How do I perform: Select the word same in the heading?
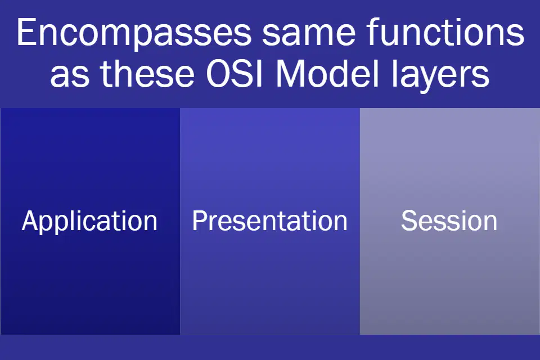tap(309, 33)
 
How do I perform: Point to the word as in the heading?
tap(70, 75)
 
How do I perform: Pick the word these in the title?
tap(147, 73)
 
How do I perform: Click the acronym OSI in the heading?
tap(235, 73)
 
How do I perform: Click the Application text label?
tap(89, 222)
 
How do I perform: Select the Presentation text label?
tap(269, 220)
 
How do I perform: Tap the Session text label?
tap(449, 220)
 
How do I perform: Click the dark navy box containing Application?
tap(90, 221)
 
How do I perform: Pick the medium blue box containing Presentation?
tap(270, 221)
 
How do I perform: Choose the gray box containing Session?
tap(450, 221)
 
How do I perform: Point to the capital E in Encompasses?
tap(26, 32)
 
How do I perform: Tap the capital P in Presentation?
tap(200, 220)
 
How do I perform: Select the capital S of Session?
tap(409, 220)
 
